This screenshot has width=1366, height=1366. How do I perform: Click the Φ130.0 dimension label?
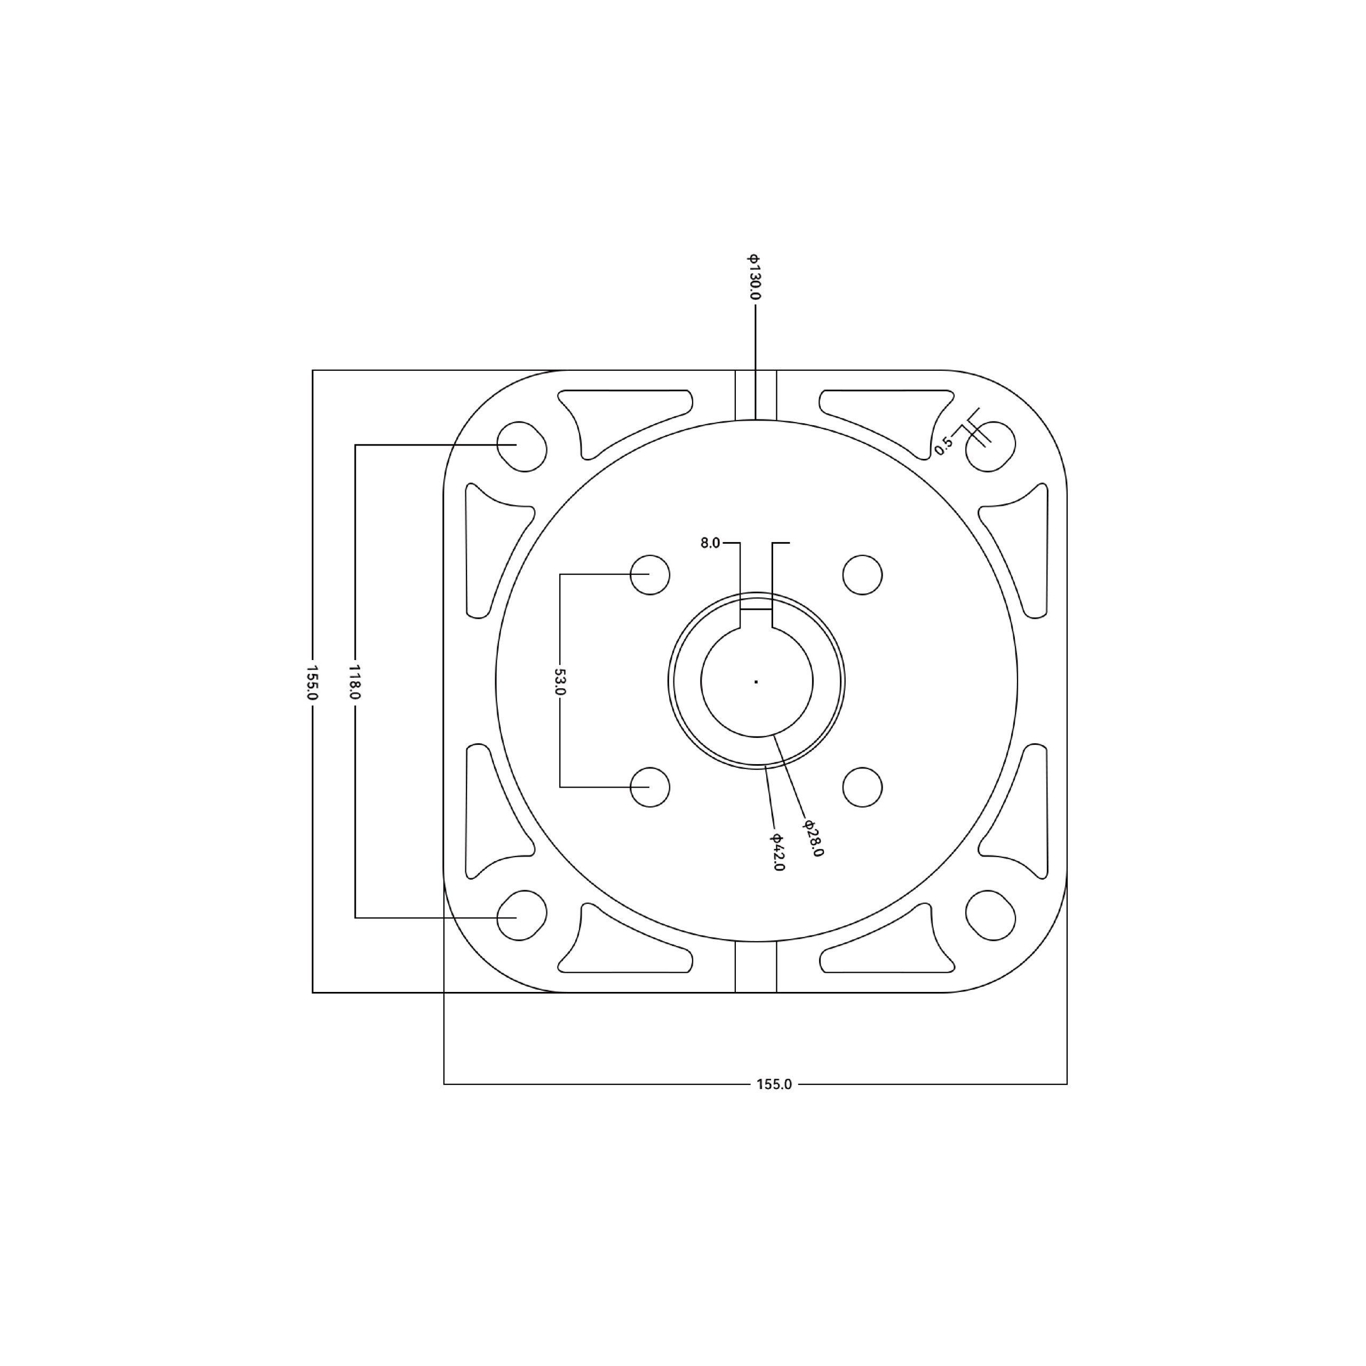point(755,276)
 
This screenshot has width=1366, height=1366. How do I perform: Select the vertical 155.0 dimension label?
point(313,681)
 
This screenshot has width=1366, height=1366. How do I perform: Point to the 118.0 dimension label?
point(355,681)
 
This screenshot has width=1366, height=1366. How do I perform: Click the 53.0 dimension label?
point(559,681)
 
